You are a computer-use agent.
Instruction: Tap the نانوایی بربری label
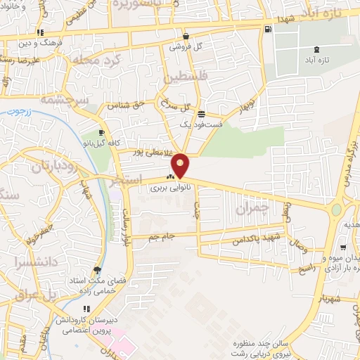[x=166, y=188]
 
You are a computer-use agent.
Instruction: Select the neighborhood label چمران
[x=252, y=208]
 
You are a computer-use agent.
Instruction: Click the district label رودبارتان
[x=53, y=166]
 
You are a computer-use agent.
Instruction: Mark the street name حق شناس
[x=126, y=105]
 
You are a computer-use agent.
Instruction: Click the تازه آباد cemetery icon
[x=314, y=49]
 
